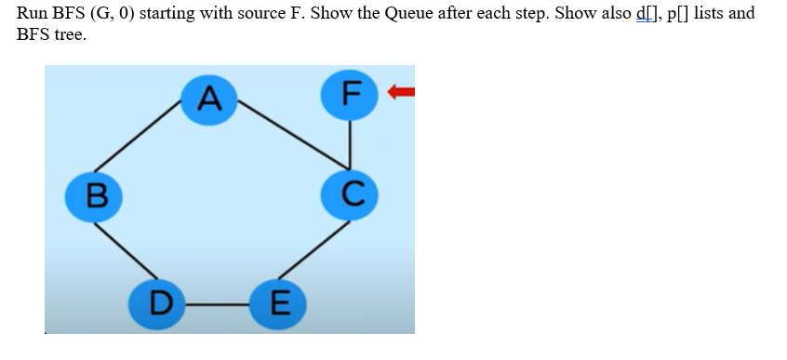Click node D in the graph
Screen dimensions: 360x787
pyautogui.click(x=161, y=302)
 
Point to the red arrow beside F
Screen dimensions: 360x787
pyautogui.click(x=401, y=91)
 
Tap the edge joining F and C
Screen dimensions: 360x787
pyautogui.click(x=349, y=144)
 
